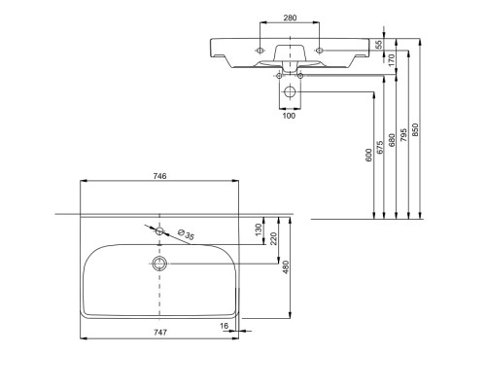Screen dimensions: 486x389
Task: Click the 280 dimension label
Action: pos(290,18)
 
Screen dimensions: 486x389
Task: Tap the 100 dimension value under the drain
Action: pos(289,116)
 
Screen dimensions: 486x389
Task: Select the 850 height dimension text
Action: pos(416,130)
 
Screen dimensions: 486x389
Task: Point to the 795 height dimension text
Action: pos(403,135)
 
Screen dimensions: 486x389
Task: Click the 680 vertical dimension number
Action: pos(392,140)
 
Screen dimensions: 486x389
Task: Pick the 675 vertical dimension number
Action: pos(380,147)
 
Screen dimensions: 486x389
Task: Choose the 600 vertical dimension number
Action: pos(368,156)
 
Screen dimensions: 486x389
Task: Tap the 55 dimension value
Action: pos(379,44)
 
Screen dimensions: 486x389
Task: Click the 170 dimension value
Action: pos(392,60)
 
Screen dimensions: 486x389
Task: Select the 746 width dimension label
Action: pos(159,176)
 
